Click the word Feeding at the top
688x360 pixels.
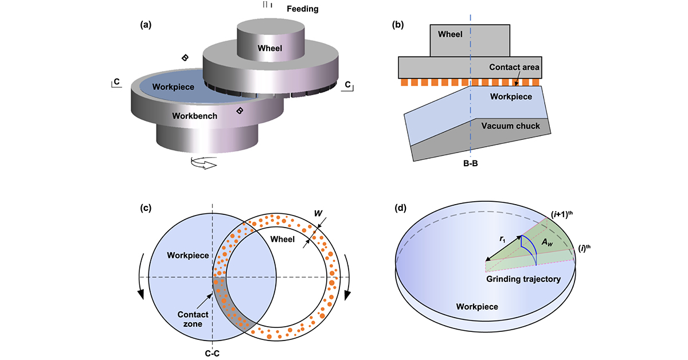pos(302,9)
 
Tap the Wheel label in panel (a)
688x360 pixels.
pos(269,48)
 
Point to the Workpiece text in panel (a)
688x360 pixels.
pos(173,87)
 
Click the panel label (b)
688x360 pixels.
pos(398,25)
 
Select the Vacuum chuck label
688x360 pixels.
pos(510,126)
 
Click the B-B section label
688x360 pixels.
pos(470,163)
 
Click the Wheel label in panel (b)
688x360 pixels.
pos(450,34)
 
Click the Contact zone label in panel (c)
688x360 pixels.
pos(189,320)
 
